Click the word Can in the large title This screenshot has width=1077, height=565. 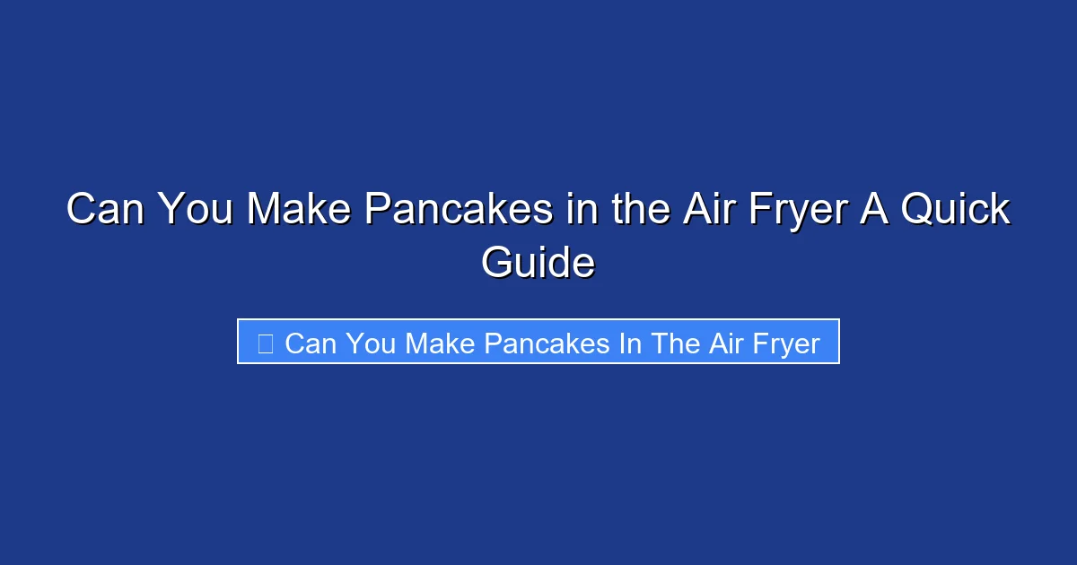click(x=106, y=211)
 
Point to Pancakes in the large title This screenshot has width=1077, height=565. click(x=458, y=211)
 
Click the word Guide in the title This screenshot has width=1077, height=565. click(x=538, y=264)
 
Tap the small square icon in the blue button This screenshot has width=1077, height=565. click(x=265, y=343)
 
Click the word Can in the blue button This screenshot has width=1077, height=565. click(x=310, y=343)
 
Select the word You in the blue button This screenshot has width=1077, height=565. click(x=369, y=343)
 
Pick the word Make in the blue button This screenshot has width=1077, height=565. click(x=438, y=343)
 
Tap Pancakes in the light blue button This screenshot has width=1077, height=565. click(x=542, y=343)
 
